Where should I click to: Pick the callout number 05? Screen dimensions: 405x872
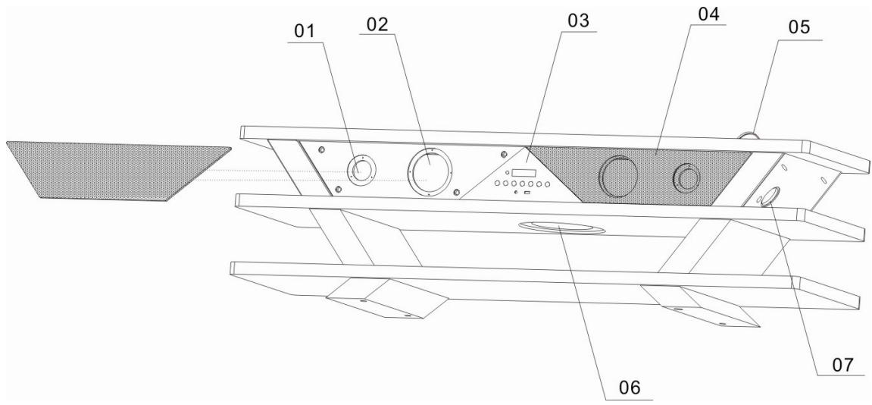(x=798, y=28)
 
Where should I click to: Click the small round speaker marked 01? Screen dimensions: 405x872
(x=361, y=170)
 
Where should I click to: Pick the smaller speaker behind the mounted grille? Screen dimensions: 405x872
(x=687, y=177)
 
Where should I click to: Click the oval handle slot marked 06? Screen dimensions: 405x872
(x=561, y=228)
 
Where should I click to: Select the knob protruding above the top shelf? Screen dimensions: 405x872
(x=749, y=136)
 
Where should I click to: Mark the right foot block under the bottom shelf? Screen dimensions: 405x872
(x=701, y=306)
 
